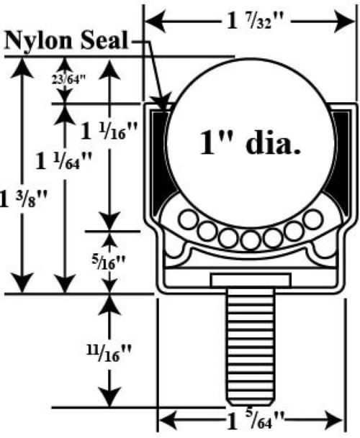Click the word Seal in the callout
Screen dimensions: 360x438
pyautogui.click(x=104, y=40)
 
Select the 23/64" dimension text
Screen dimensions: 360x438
pyautogui.click(x=68, y=80)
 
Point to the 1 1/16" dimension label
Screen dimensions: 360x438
pyautogui.click(x=109, y=131)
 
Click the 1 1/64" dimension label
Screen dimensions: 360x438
pyautogui.click(x=64, y=161)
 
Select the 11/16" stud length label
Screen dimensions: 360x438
pyautogui.click(x=109, y=353)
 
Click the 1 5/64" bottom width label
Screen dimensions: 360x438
pyautogui.click(x=255, y=420)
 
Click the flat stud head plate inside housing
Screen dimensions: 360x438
pyautogui.click(x=251, y=280)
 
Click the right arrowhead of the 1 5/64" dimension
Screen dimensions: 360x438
pyautogui.click(x=334, y=420)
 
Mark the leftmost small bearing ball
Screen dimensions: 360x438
pyautogui.click(x=188, y=219)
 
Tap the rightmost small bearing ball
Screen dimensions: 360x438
pyautogui.click(x=313, y=219)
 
